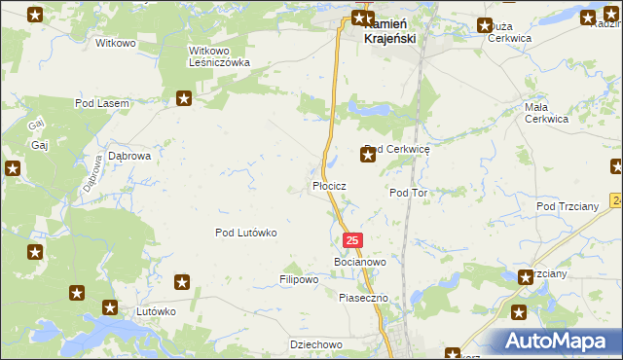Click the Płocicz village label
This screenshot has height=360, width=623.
coord(329,185)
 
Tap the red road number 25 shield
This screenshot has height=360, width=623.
coord(352,239)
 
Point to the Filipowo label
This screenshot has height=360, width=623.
coord(299,279)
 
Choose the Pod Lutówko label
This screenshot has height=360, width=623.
coord(246,233)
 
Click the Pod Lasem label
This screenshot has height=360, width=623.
coord(102,102)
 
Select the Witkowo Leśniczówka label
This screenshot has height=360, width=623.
coord(219,55)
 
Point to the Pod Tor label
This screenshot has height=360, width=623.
coord(409,193)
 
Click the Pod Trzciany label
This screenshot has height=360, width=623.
coord(565,206)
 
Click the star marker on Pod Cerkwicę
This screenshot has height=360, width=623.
coord(368,154)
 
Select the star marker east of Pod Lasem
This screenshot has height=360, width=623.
coord(184,97)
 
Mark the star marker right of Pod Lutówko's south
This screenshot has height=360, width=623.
coord(182,282)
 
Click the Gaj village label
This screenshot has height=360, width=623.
coord(40,145)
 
